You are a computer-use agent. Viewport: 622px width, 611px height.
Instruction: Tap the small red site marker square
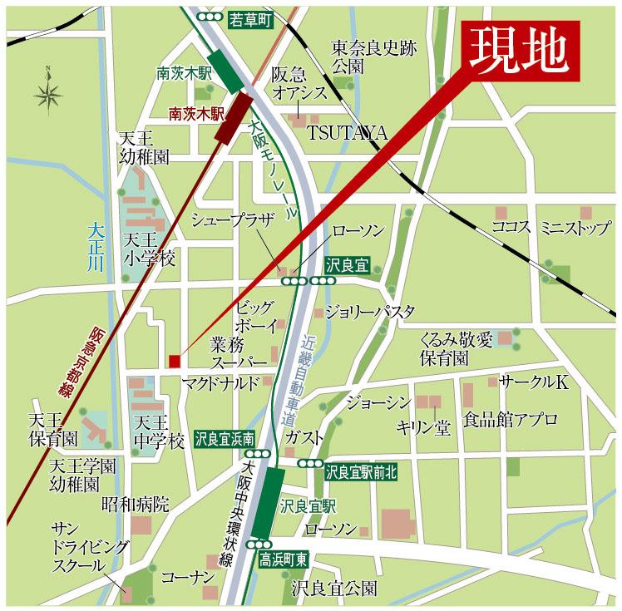click(x=174, y=360)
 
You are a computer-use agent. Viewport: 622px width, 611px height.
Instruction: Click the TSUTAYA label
click(x=348, y=133)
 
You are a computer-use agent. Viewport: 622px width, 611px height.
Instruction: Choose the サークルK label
click(x=533, y=382)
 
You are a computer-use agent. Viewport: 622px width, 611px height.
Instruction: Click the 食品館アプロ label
click(x=511, y=420)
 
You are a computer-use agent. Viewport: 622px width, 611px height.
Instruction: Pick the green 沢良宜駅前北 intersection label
click(x=362, y=472)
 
